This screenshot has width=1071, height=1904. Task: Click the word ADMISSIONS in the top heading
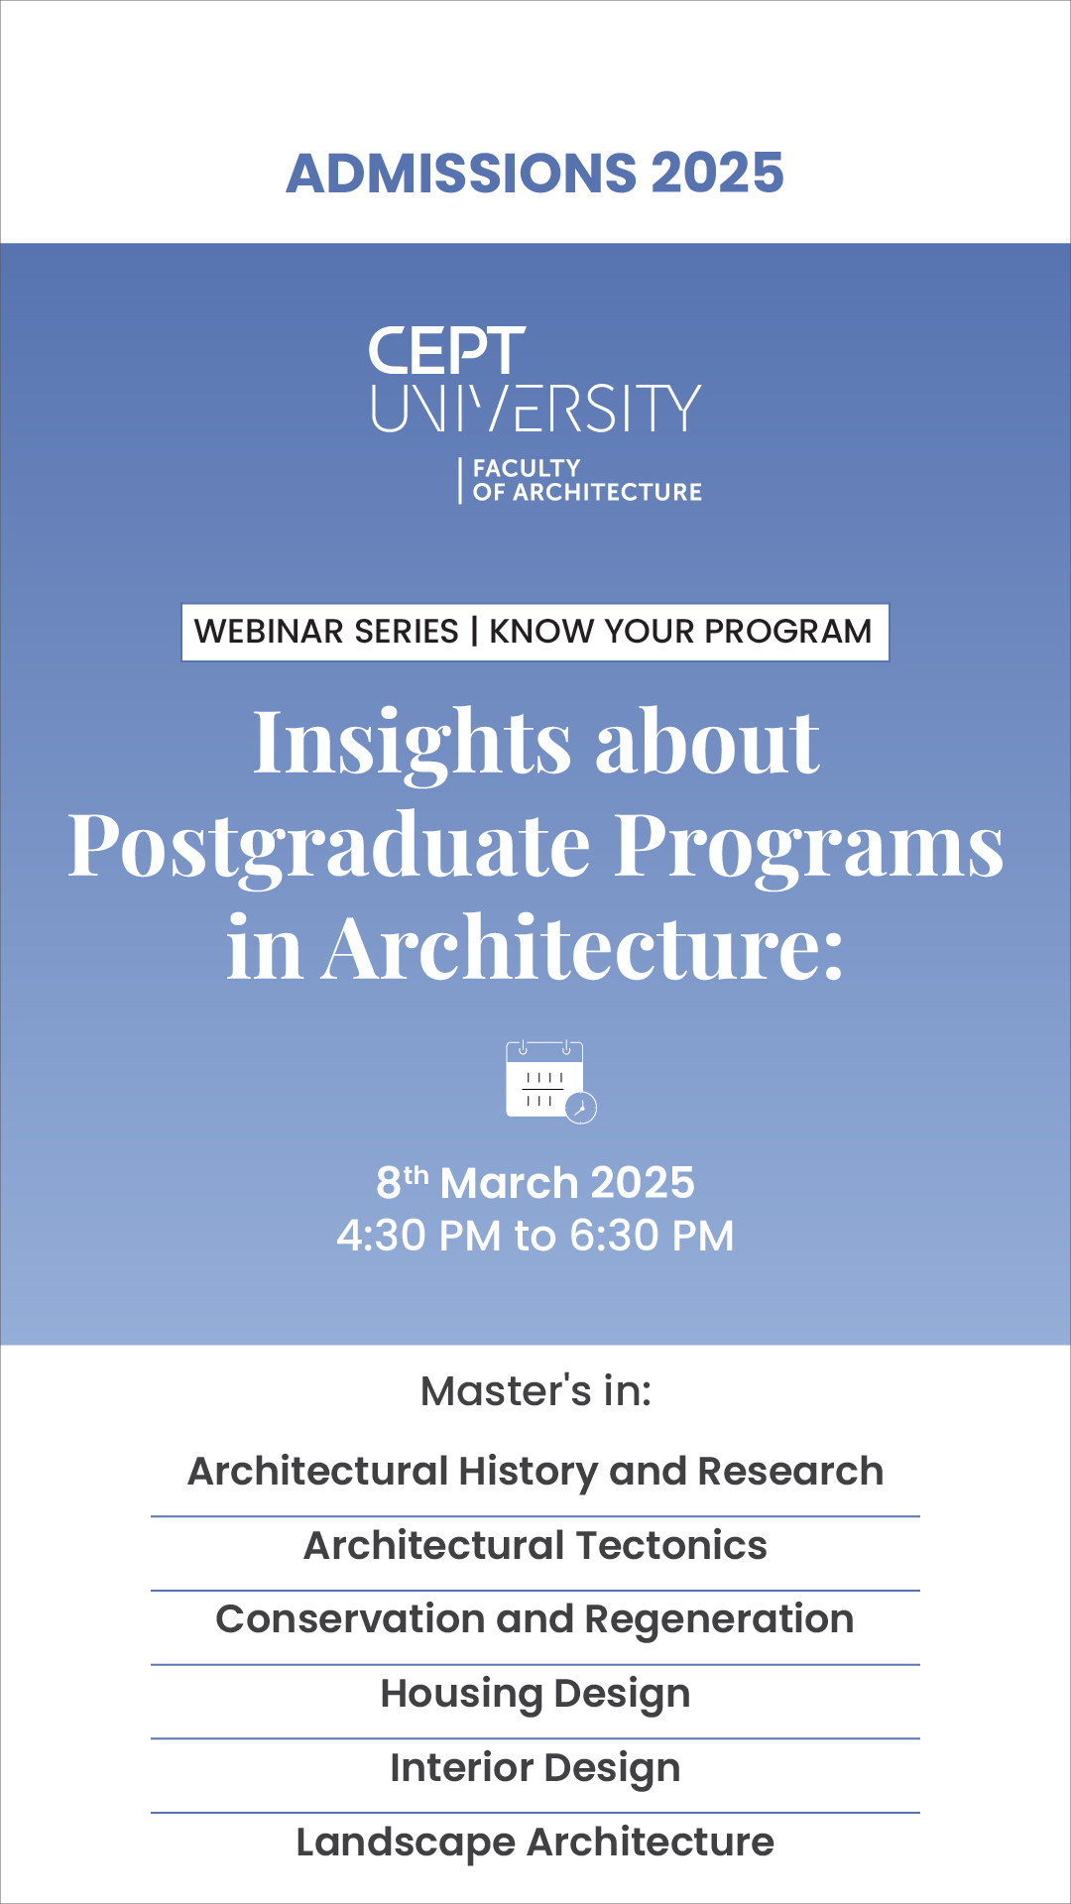[461, 173]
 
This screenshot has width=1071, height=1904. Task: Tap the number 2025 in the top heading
[718, 173]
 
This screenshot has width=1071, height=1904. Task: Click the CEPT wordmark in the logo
[446, 351]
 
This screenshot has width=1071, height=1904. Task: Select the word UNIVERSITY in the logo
[535, 409]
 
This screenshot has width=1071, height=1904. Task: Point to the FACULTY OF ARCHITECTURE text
[587, 480]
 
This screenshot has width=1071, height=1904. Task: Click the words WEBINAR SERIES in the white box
[326, 632]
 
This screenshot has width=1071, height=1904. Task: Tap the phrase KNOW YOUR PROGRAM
[680, 632]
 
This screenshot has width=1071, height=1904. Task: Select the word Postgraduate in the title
[329, 848]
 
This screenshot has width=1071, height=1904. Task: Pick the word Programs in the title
[809, 848]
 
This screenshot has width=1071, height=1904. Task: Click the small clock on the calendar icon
[581, 1108]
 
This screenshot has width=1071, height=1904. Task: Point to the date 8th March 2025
[535, 1182]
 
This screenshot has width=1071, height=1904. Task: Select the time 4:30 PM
[419, 1236]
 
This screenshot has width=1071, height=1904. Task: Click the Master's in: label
[535, 1391]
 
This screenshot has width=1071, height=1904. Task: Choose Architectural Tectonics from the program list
[535, 1545]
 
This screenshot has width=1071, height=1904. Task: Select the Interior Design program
[535, 1768]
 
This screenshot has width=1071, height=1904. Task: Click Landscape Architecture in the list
[535, 1843]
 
